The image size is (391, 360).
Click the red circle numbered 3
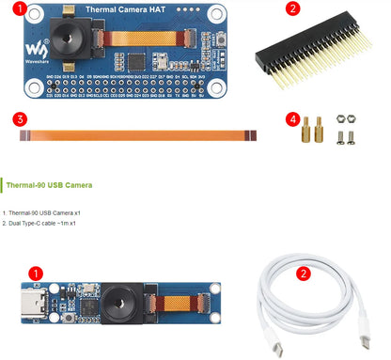tap(19, 120)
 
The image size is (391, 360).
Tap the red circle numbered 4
tap(294, 120)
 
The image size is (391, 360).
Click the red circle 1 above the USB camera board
tap(35, 274)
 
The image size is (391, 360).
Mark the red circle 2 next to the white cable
tap(303, 274)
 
